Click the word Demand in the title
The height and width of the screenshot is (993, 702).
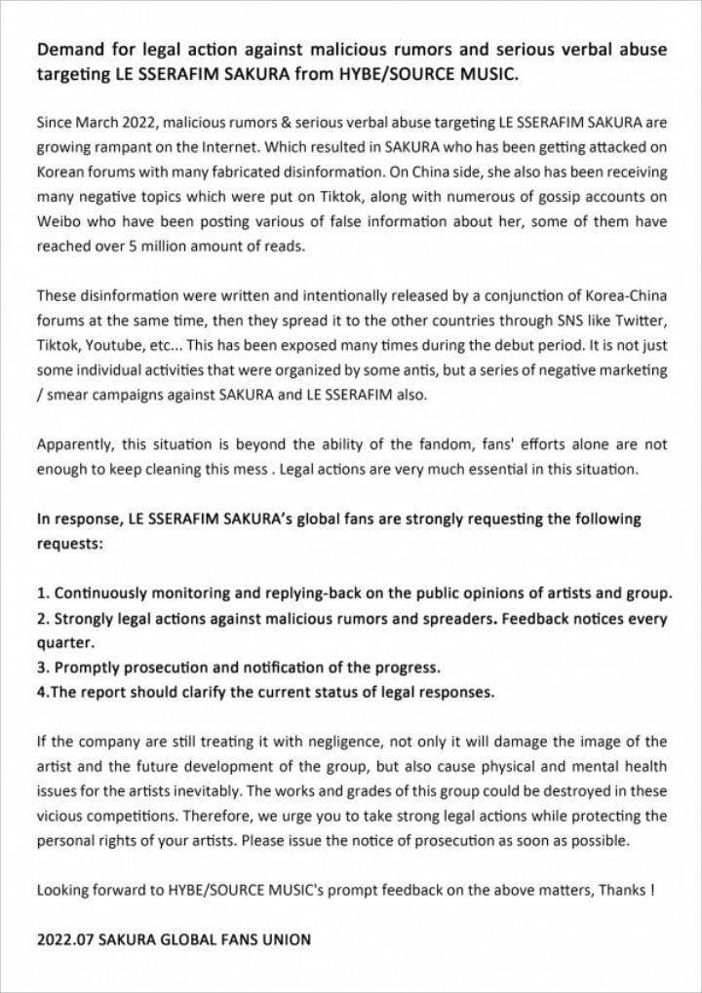click(69, 51)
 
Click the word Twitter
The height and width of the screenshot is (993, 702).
click(641, 321)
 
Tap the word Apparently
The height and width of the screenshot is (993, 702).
click(76, 444)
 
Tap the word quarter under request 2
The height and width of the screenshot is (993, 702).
click(63, 643)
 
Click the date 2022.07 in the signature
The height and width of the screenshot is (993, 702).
click(65, 940)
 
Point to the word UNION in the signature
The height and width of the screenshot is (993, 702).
click(286, 940)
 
